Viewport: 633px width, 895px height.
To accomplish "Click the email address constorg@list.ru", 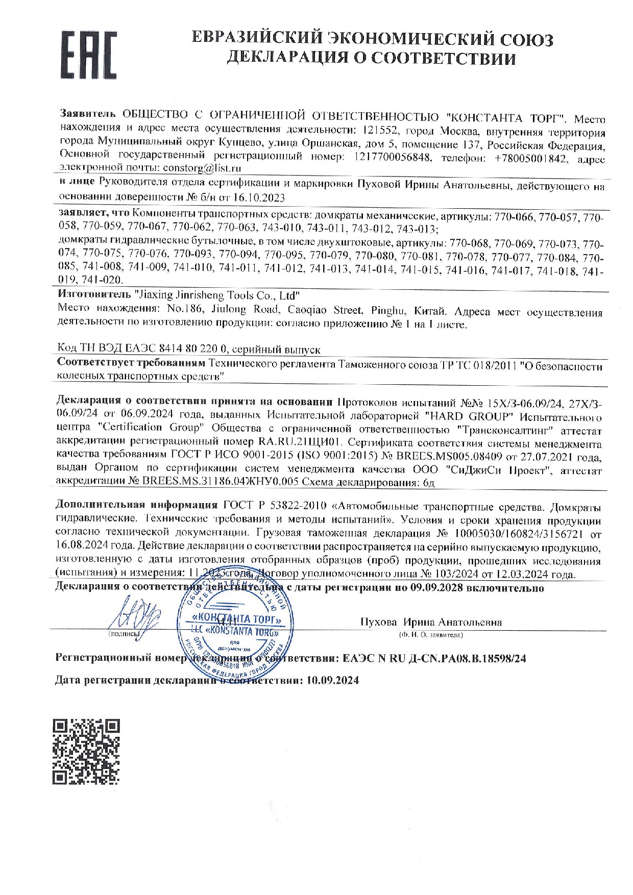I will click(201, 167).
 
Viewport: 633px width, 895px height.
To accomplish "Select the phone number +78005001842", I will click(531, 158).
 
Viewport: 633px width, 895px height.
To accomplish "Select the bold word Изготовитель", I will click(93, 295).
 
